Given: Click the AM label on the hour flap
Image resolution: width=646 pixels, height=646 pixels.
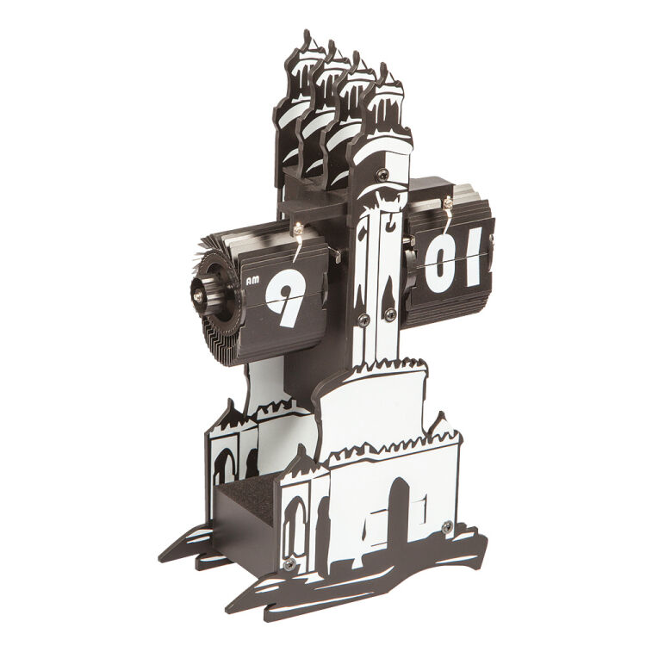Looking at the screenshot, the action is point(252,281).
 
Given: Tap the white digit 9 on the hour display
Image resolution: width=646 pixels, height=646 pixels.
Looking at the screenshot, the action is point(285,298).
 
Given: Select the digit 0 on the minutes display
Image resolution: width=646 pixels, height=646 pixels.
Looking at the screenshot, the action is point(440,261).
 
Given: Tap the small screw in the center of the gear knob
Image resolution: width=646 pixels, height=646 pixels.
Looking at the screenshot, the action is point(198,293).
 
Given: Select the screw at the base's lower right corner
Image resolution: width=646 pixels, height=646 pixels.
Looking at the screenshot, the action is point(448,527).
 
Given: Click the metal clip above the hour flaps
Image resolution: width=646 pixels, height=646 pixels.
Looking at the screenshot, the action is point(298,239).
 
